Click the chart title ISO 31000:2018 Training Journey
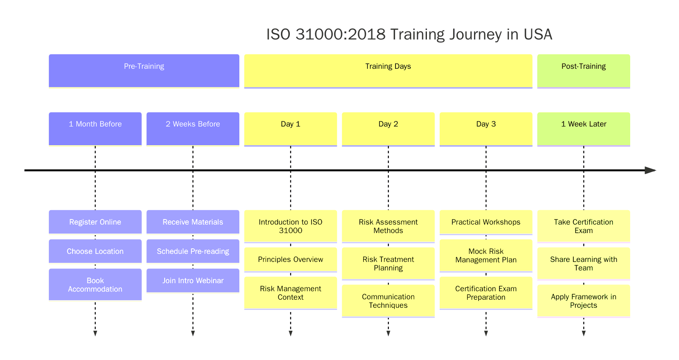(409, 34)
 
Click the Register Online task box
(95, 222)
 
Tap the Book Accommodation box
(95, 284)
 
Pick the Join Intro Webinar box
(193, 280)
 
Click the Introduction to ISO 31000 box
(290, 226)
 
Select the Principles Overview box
(290, 259)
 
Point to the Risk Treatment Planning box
(388, 264)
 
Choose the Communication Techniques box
(388, 301)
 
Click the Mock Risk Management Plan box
(486, 256)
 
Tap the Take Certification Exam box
(584, 226)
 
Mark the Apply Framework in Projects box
(584, 301)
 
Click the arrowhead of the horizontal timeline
(650, 170)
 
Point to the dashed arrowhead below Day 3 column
(486, 333)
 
